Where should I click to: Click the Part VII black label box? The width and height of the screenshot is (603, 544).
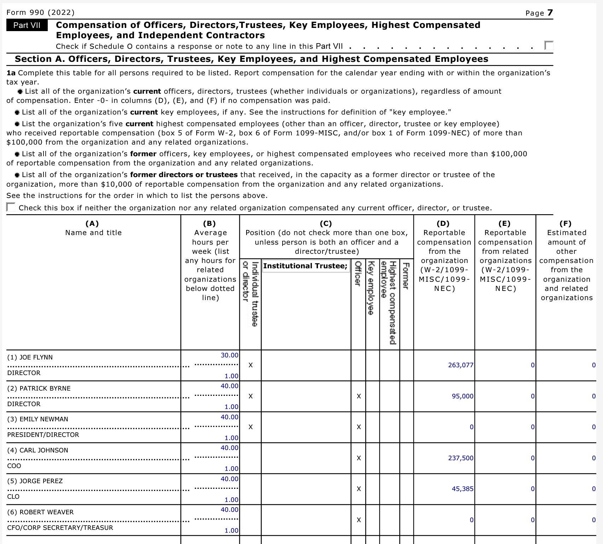[x=27, y=25]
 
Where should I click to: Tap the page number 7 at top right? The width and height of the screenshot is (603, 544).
[x=550, y=13]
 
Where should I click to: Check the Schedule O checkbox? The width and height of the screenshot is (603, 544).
[x=549, y=46]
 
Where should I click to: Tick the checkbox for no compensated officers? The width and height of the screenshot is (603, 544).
[x=11, y=207]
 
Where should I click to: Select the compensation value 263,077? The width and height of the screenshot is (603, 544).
[x=460, y=365]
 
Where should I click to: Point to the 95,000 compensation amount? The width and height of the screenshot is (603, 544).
[x=462, y=396]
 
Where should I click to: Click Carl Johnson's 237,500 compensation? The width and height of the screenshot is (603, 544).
[x=460, y=458]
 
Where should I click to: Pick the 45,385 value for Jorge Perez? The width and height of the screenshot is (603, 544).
[x=462, y=489]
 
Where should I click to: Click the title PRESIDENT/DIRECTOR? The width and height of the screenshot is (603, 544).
[x=43, y=435]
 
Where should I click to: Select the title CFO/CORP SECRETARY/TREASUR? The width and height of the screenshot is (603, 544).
[x=60, y=528]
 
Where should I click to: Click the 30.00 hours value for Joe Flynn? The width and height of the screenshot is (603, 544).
[x=229, y=355]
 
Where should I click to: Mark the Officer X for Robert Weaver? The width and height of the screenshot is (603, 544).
[x=359, y=520]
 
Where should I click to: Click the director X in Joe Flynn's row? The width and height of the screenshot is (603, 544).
[x=250, y=365]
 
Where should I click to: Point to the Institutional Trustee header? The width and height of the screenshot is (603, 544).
[x=305, y=266]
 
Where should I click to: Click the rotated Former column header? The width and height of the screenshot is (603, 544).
[x=406, y=276]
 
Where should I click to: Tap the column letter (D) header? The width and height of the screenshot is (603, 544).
[x=443, y=223]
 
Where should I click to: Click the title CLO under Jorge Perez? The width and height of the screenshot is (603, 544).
[x=13, y=497]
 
